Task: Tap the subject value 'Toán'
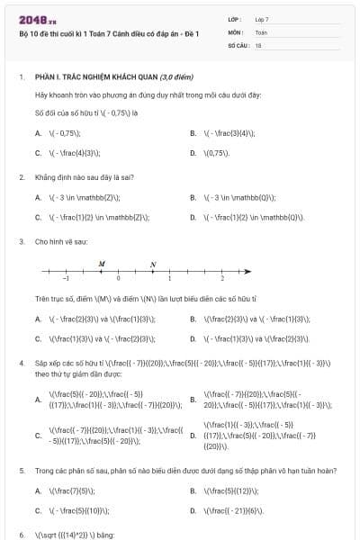(261, 31)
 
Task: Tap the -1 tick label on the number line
(54, 280)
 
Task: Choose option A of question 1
(39, 133)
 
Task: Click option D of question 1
(193, 153)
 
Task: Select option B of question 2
(193, 196)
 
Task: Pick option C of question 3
(39, 338)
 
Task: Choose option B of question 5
(193, 490)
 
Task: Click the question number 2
(21, 177)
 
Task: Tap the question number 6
(21, 535)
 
